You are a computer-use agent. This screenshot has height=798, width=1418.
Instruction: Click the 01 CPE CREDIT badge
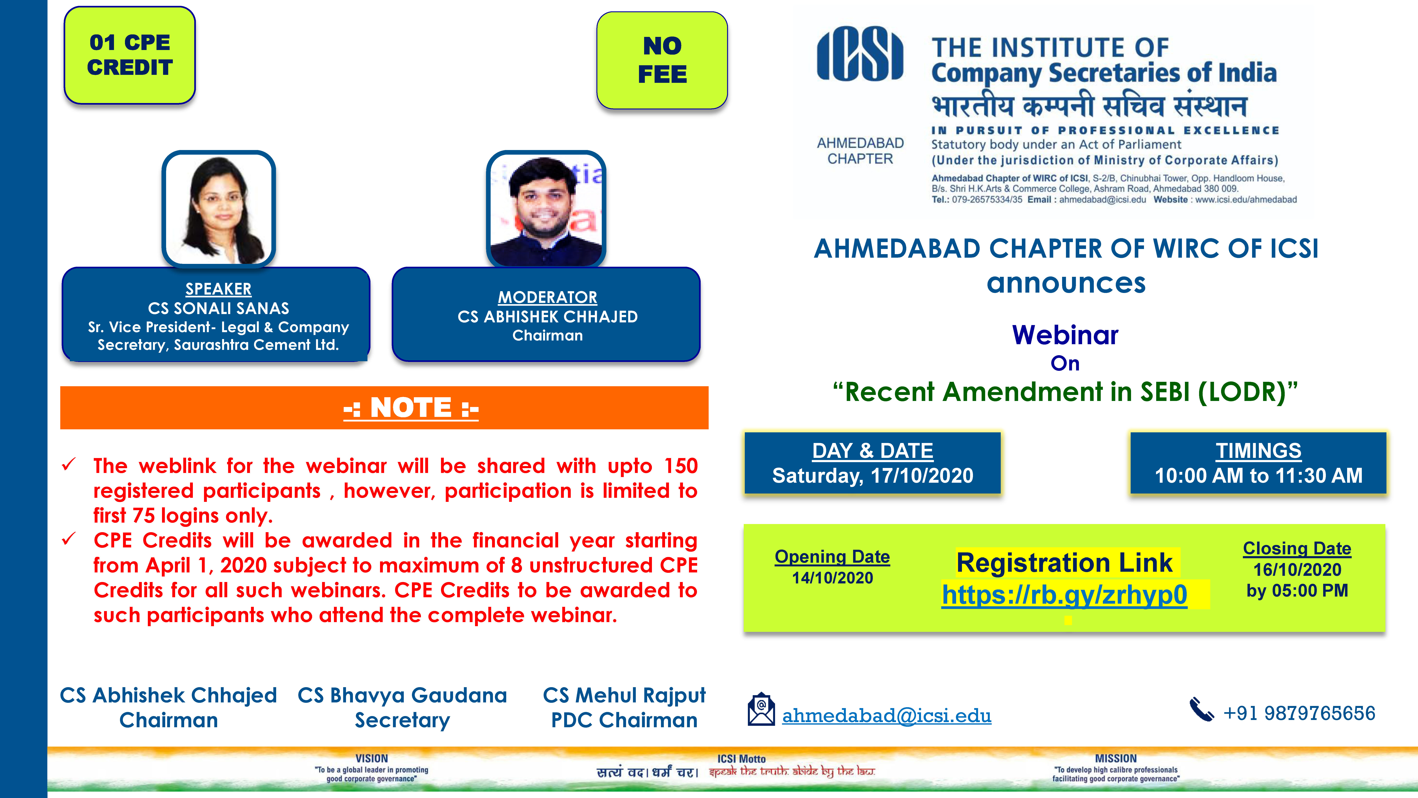pos(130,55)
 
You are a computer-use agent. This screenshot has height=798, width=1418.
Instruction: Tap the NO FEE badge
pos(662,60)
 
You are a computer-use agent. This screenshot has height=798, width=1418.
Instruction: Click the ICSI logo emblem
pos(860,54)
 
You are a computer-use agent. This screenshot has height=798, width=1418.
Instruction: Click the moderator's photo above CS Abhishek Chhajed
pos(546,209)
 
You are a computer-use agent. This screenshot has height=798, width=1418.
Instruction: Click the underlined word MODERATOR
pos(548,297)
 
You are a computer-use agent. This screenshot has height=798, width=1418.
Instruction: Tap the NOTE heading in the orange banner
pos(411,408)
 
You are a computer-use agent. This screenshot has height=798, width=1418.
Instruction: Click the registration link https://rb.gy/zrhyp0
pos(1065,595)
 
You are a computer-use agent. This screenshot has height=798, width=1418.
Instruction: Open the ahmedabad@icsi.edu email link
pos(887,715)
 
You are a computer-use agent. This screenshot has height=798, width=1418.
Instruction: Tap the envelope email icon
pos(761,709)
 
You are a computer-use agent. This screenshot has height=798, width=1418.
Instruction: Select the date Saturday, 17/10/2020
pos(872,475)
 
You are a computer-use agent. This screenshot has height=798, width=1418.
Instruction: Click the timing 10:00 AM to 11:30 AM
pos(1258,475)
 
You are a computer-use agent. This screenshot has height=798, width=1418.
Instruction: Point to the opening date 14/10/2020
pos(832,578)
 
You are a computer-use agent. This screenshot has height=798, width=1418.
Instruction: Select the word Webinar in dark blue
pos(1065,335)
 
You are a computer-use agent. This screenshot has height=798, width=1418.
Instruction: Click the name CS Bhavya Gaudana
pos(402,696)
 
